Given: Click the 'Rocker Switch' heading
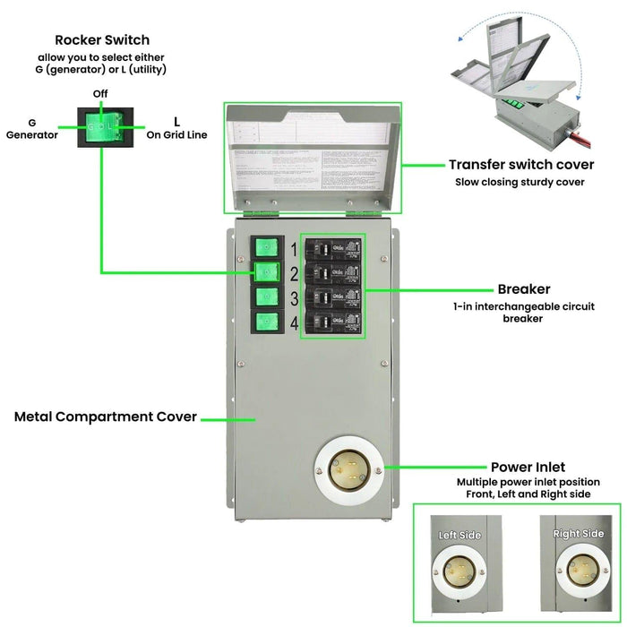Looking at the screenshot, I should pos(102,39).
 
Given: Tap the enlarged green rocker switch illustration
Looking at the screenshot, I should pos(102,128).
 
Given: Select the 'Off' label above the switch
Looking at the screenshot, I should pos(102,94).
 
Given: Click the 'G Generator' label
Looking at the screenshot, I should pos(32,129).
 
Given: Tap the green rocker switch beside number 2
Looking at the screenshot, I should pos(266,272).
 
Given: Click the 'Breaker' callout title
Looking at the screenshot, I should pos(524,289).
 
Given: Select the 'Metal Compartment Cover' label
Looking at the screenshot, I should pos(106,417).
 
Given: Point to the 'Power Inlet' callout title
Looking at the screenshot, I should pos(528,467).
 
